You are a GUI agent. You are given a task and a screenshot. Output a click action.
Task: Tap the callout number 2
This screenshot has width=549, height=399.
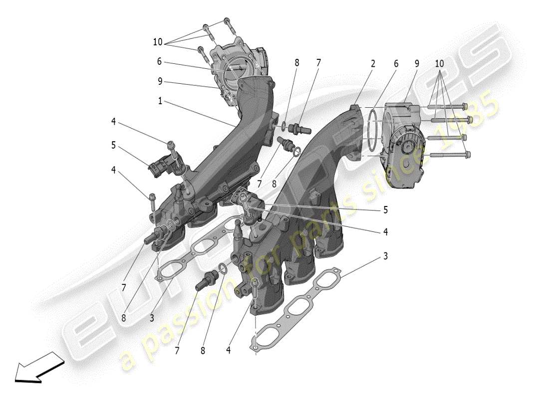point(372,63)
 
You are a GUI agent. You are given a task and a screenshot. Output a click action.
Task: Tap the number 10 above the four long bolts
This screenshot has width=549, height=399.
point(439,63)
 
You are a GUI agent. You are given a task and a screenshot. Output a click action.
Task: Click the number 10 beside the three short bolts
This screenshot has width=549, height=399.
point(158,42)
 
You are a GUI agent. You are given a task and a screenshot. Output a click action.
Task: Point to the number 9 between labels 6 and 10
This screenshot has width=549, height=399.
point(416,63)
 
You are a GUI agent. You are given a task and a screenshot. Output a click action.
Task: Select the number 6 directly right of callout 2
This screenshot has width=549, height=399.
point(396,63)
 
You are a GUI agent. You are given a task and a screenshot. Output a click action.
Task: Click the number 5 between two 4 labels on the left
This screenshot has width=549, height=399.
point(114,146)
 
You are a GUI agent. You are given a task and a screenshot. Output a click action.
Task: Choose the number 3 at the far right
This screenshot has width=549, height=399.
point(385,256)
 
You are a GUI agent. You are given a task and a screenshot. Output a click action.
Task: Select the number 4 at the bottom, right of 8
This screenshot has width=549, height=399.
point(228,350)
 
